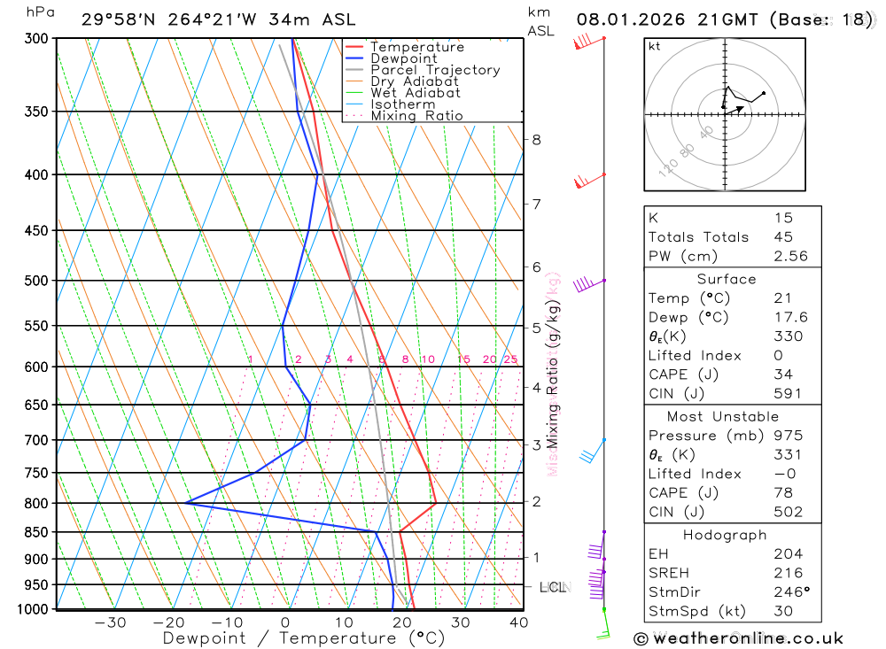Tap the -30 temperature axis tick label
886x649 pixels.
click(110, 622)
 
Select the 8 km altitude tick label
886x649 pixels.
click(536, 139)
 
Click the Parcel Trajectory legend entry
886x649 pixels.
click(435, 70)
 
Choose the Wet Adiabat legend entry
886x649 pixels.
click(415, 93)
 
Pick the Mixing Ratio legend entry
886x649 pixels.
click(416, 116)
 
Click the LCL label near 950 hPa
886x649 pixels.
click(553, 587)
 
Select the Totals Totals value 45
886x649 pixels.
click(783, 236)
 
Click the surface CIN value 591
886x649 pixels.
click(787, 394)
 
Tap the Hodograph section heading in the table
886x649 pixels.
click(726, 535)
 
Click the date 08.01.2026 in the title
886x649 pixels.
click(626, 19)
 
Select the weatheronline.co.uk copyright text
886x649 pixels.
click(739, 638)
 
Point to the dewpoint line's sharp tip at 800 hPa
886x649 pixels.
click(186, 503)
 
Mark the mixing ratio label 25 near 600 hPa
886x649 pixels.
click(510, 359)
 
